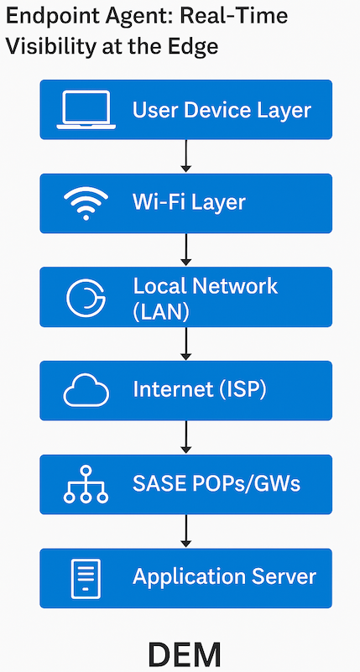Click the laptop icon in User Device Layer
click(x=86, y=110)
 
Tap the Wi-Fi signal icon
click(x=86, y=203)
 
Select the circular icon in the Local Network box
click(x=86, y=298)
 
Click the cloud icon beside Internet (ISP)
click(x=86, y=390)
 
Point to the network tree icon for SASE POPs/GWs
click(x=86, y=484)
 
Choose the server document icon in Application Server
click(x=86, y=578)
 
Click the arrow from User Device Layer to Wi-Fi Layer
click(x=187, y=156)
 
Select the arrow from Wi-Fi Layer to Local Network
click(x=187, y=250)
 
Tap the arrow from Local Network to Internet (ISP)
click(x=187, y=344)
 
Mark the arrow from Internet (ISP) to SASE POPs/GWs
click(x=187, y=438)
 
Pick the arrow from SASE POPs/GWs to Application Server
click(x=187, y=532)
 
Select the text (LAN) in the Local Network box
click(x=161, y=311)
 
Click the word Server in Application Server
click(x=282, y=577)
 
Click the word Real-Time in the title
click(x=241, y=16)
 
